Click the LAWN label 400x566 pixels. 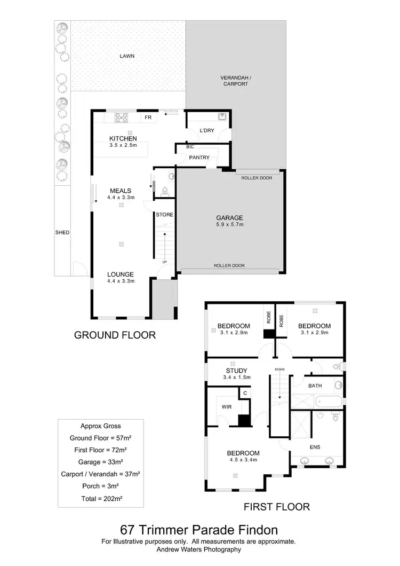pyautogui.click(x=127, y=56)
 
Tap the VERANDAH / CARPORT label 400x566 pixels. pyautogui.click(x=235, y=81)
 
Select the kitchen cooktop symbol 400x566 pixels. pyautogui.click(x=121, y=117)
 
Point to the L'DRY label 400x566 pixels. pyautogui.click(x=207, y=131)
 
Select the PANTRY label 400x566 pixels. pyautogui.click(x=199, y=158)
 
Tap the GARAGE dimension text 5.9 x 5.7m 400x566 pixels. pyautogui.click(x=229, y=225)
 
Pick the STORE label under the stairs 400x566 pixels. pyautogui.click(x=164, y=215)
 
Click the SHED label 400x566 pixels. pyautogui.click(x=62, y=232)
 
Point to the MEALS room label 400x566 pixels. pyautogui.click(x=121, y=191)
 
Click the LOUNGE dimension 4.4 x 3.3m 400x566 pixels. pyautogui.click(x=121, y=281)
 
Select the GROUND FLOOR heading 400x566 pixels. pyautogui.click(x=115, y=335)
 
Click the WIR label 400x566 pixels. pyautogui.click(x=226, y=406)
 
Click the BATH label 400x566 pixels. pyautogui.click(x=315, y=385)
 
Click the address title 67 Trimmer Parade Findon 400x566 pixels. pyautogui.click(x=199, y=530)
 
